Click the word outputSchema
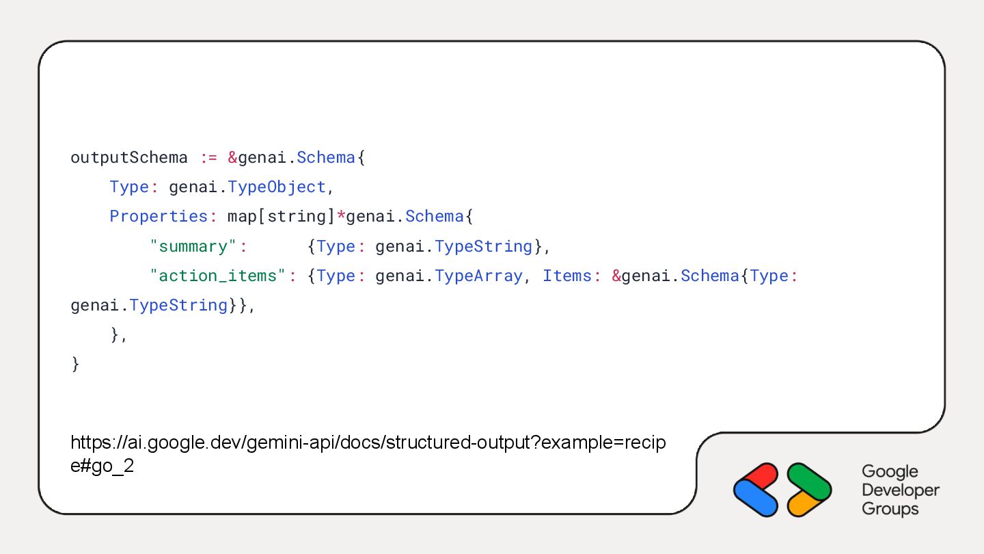[x=129, y=157]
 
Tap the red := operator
[x=208, y=157]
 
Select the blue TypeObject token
[x=277, y=187]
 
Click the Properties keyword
[x=159, y=216]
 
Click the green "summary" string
[x=198, y=246]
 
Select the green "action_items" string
[x=217, y=276]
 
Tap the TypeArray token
[x=478, y=276]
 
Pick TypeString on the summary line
[x=483, y=246]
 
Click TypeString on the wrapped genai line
[x=178, y=305]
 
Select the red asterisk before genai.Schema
[x=341, y=216]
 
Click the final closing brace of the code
[x=75, y=364]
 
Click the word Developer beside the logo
[x=900, y=490]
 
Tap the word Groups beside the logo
[x=890, y=509]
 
